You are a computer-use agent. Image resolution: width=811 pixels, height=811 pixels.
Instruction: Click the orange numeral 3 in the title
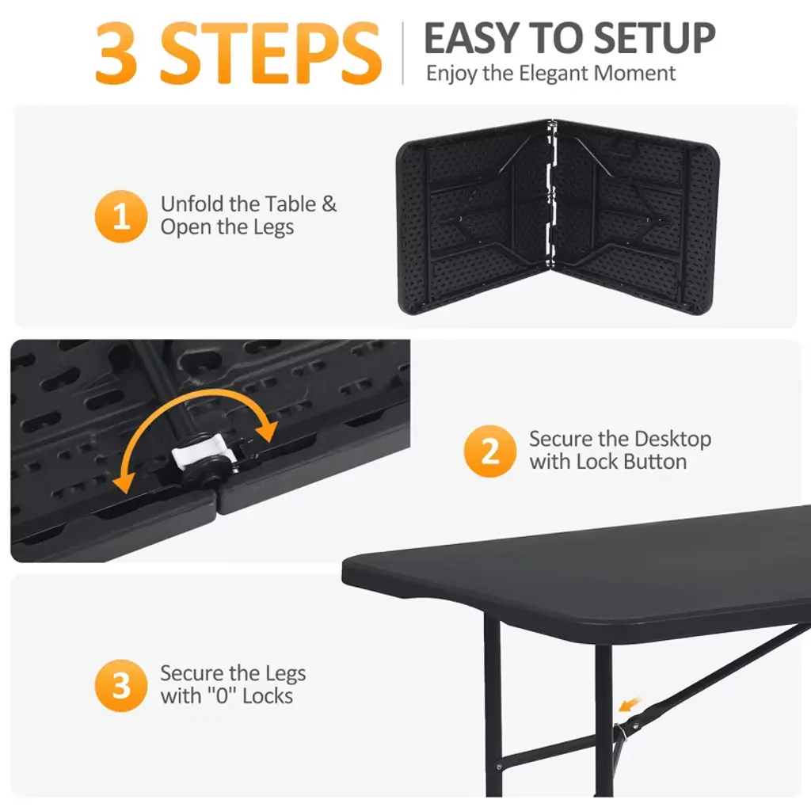click(x=116, y=53)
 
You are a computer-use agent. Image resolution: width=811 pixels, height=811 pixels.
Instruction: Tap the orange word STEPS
click(x=271, y=53)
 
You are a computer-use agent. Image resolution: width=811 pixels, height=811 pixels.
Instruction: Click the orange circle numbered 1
click(x=121, y=216)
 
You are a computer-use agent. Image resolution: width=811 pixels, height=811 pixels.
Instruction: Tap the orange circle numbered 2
click(x=489, y=451)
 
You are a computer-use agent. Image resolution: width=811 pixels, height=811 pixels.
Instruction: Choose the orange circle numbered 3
click(x=121, y=685)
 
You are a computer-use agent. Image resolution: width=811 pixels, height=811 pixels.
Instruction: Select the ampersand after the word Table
click(x=329, y=204)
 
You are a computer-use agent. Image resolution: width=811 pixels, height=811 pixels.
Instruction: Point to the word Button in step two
click(x=655, y=462)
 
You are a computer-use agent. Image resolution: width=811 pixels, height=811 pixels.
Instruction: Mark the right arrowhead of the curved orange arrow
click(x=268, y=430)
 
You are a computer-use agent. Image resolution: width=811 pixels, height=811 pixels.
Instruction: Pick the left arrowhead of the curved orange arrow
click(x=124, y=482)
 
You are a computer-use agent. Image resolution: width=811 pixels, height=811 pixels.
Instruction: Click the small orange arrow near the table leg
click(x=630, y=704)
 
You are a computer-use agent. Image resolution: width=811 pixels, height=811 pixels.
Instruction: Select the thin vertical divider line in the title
click(x=403, y=53)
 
